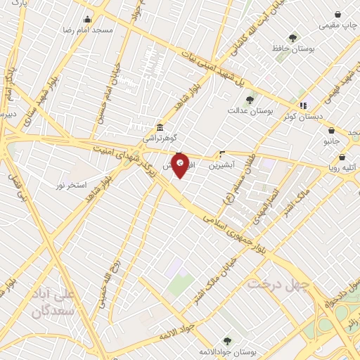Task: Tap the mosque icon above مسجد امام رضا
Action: (x=87, y=20)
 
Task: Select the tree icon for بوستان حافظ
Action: (x=292, y=38)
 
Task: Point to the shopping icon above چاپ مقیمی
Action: (x=338, y=14)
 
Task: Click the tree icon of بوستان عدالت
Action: (x=250, y=99)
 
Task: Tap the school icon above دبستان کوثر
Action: (x=304, y=105)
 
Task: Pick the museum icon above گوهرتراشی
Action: (x=160, y=127)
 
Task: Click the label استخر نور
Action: (x=72, y=185)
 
